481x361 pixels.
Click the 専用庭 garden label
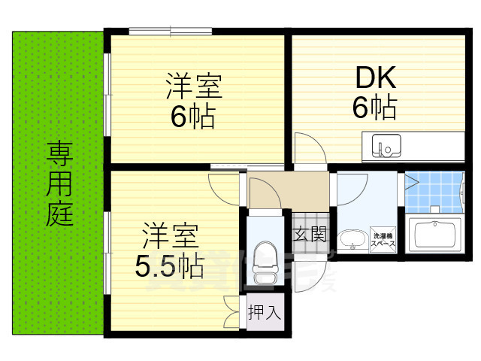point(59,185)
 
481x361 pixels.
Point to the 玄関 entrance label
point(310,235)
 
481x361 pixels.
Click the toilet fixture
point(264,257)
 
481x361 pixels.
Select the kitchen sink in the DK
point(383,146)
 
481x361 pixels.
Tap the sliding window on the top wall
point(170,31)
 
